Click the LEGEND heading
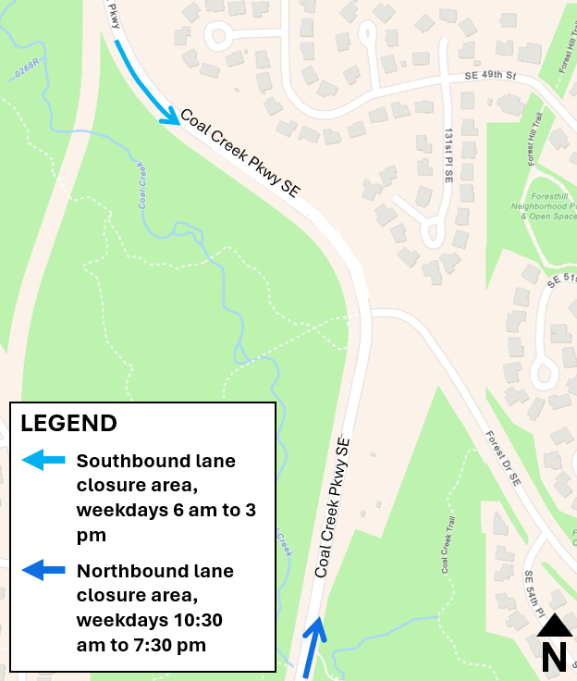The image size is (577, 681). pyautogui.click(x=69, y=424)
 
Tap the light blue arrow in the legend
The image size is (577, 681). pyautogui.click(x=44, y=460)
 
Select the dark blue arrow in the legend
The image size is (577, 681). pyautogui.click(x=44, y=570)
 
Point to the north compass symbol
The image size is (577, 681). pyautogui.click(x=554, y=643)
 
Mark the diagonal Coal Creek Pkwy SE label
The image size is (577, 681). pyautogui.click(x=239, y=153)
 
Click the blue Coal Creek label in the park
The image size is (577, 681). pyautogui.click(x=143, y=185)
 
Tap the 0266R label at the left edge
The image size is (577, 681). pyautogui.click(x=25, y=69)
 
